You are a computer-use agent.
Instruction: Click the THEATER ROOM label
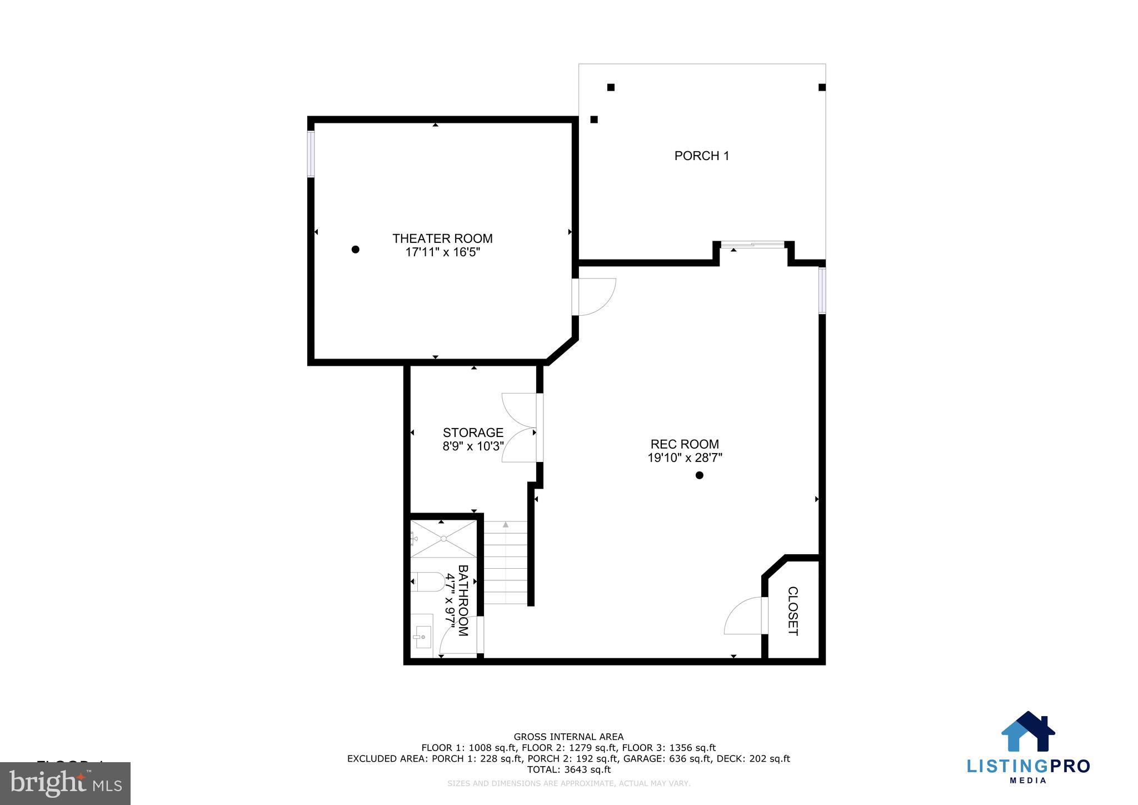click(442, 238)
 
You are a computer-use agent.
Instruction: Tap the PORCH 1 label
click(701, 156)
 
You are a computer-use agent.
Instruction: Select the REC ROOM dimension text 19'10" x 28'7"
click(685, 458)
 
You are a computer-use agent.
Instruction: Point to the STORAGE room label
click(473, 433)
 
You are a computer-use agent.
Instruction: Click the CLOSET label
click(793, 611)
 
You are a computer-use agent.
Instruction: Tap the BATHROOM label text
click(463, 600)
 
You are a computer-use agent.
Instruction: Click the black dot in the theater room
click(356, 250)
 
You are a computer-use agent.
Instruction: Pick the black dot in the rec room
click(700, 475)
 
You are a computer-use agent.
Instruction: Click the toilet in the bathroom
click(427, 582)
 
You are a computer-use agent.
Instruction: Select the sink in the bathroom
click(423, 632)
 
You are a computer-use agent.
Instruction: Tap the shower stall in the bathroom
click(443, 538)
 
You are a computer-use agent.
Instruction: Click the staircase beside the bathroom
click(505, 563)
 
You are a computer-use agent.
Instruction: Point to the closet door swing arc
click(742, 616)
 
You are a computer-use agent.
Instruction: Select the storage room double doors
click(520, 428)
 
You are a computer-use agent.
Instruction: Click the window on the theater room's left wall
click(311, 154)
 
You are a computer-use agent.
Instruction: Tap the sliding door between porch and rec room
click(752, 244)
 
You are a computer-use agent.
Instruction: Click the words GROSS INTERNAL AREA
click(568, 737)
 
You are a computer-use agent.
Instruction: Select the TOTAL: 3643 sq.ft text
click(568, 770)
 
